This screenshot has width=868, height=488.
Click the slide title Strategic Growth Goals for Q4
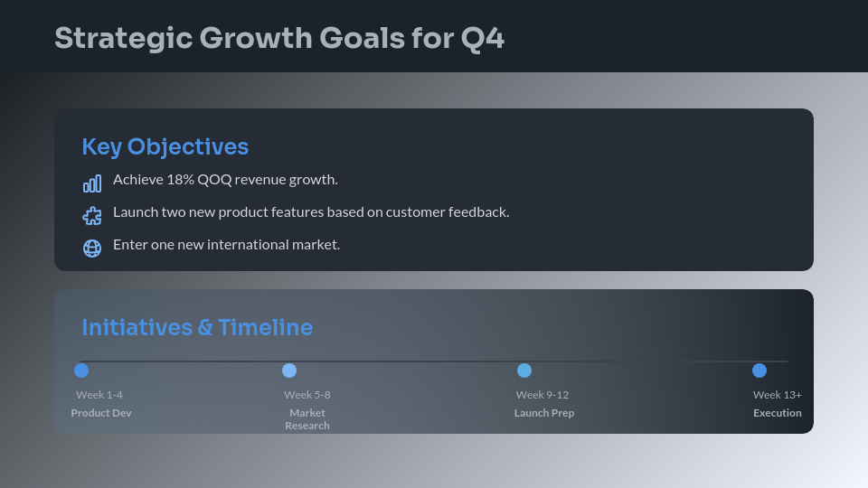click(278, 39)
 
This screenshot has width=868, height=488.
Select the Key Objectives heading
click(165, 146)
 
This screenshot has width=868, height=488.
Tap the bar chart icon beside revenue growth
click(92, 184)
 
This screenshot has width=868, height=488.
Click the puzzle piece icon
click(92, 216)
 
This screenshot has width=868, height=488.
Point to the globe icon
click(92, 248)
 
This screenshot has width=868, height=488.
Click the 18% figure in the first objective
click(180, 179)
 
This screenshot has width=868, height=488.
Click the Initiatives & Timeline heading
click(197, 327)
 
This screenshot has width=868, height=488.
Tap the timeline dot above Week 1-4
click(81, 371)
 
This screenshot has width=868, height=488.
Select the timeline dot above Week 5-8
click(289, 371)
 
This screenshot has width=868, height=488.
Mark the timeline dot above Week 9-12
click(524, 371)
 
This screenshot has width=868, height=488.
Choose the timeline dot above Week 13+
click(759, 371)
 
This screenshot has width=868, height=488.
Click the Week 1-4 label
click(99, 395)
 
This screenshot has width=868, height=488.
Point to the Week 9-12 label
click(542, 395)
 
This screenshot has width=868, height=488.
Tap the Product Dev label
click(101, 413)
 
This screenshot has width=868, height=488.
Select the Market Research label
click(307, 419)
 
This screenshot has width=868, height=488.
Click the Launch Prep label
click(544, 413)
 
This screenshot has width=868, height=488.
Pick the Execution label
click(778, 413)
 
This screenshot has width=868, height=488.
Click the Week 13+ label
click(778, 395)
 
